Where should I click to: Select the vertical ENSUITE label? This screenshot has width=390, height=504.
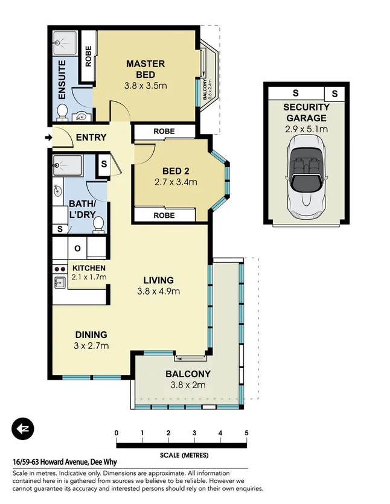(62, 80)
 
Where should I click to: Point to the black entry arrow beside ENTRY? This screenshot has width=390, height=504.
(48, 138)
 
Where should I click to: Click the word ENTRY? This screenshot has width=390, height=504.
(91, 138)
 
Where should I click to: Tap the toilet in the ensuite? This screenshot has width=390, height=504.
(62, 110)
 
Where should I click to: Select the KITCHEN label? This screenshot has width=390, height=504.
(89, 268)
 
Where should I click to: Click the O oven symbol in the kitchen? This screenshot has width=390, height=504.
(77, 248)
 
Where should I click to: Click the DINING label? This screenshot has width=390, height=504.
(91, 334)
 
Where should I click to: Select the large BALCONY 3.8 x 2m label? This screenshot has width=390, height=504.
(188, 379)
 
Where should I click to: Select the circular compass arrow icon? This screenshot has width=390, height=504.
(24, 429)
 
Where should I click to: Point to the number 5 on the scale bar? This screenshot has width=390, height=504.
(246, 433)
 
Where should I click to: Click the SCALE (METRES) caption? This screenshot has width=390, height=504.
(181, 456)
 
